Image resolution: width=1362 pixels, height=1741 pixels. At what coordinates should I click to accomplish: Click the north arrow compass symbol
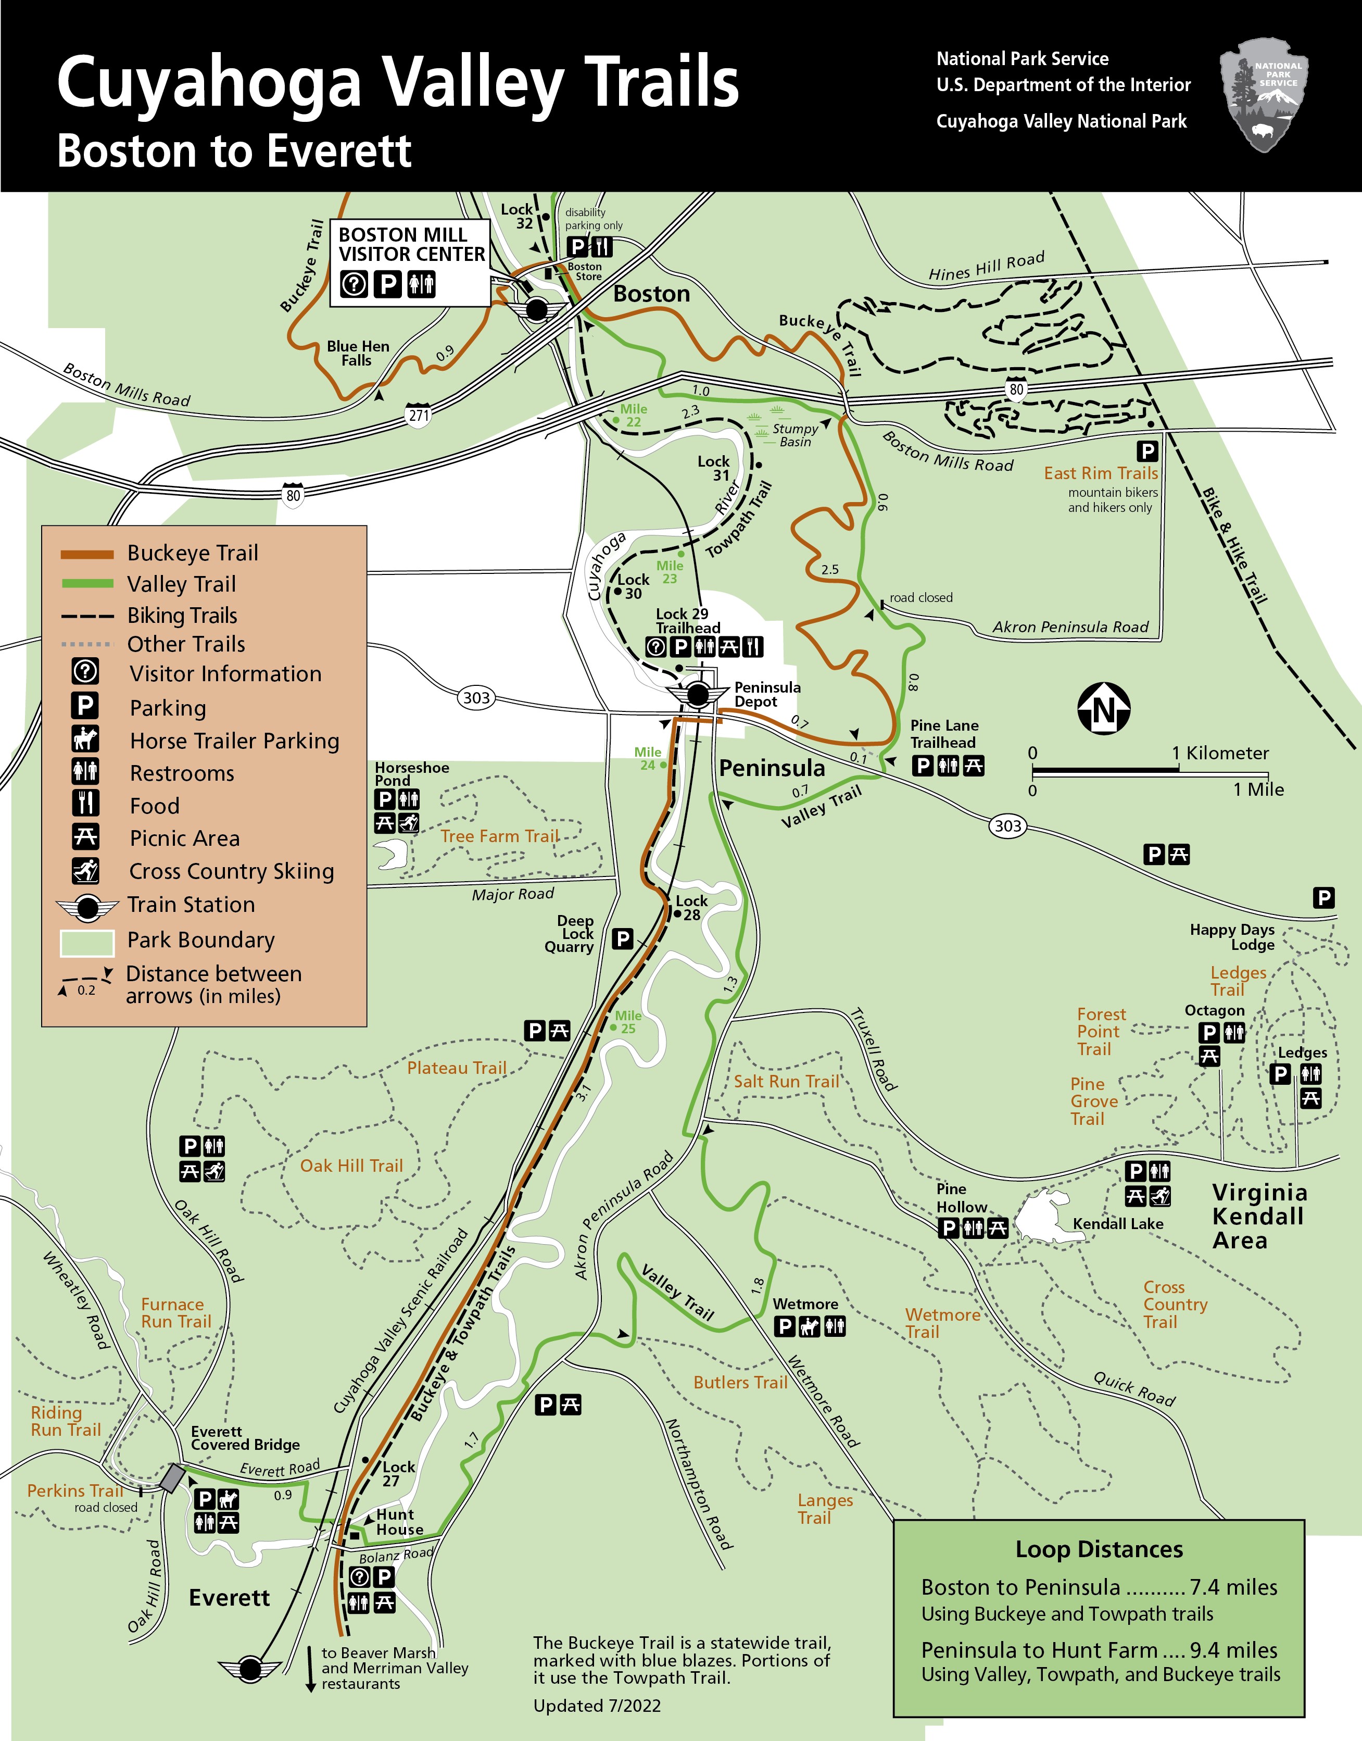click(x=1104, y=708)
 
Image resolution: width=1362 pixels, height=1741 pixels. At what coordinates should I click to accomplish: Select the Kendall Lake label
click(x=1117, y=1223)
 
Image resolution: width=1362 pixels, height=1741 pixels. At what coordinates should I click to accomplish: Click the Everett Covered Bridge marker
click(x=171, y=1478)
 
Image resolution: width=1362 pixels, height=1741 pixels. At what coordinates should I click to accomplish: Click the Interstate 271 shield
click(x=419, y=415)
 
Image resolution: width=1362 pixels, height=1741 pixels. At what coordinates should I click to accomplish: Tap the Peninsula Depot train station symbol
click(x=698, y=695)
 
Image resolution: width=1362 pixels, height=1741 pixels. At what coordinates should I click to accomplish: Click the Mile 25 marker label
click(x=627, y=1022)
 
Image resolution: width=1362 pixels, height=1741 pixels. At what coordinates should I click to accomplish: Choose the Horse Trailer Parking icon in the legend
click(x=85, y=740)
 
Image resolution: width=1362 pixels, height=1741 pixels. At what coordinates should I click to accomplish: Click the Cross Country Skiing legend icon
click(x=85, y=870)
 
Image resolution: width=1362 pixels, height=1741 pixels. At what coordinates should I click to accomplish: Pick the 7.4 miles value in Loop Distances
click(x=1233, y=1587)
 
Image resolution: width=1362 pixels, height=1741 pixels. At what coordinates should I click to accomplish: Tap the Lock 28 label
click(x=691, y=908)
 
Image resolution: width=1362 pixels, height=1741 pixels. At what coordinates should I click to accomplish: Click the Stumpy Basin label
click(x=794, y=435)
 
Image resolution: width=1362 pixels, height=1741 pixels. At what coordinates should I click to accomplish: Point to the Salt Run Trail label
click(x=786, y=1082)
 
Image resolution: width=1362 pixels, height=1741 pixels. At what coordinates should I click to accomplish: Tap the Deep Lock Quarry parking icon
click(x=623, y=938)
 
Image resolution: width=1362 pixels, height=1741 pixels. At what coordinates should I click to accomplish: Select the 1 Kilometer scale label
click(x=1220, y=753)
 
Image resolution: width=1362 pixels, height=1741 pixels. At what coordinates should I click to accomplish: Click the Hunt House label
click(x=399, y=1522)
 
